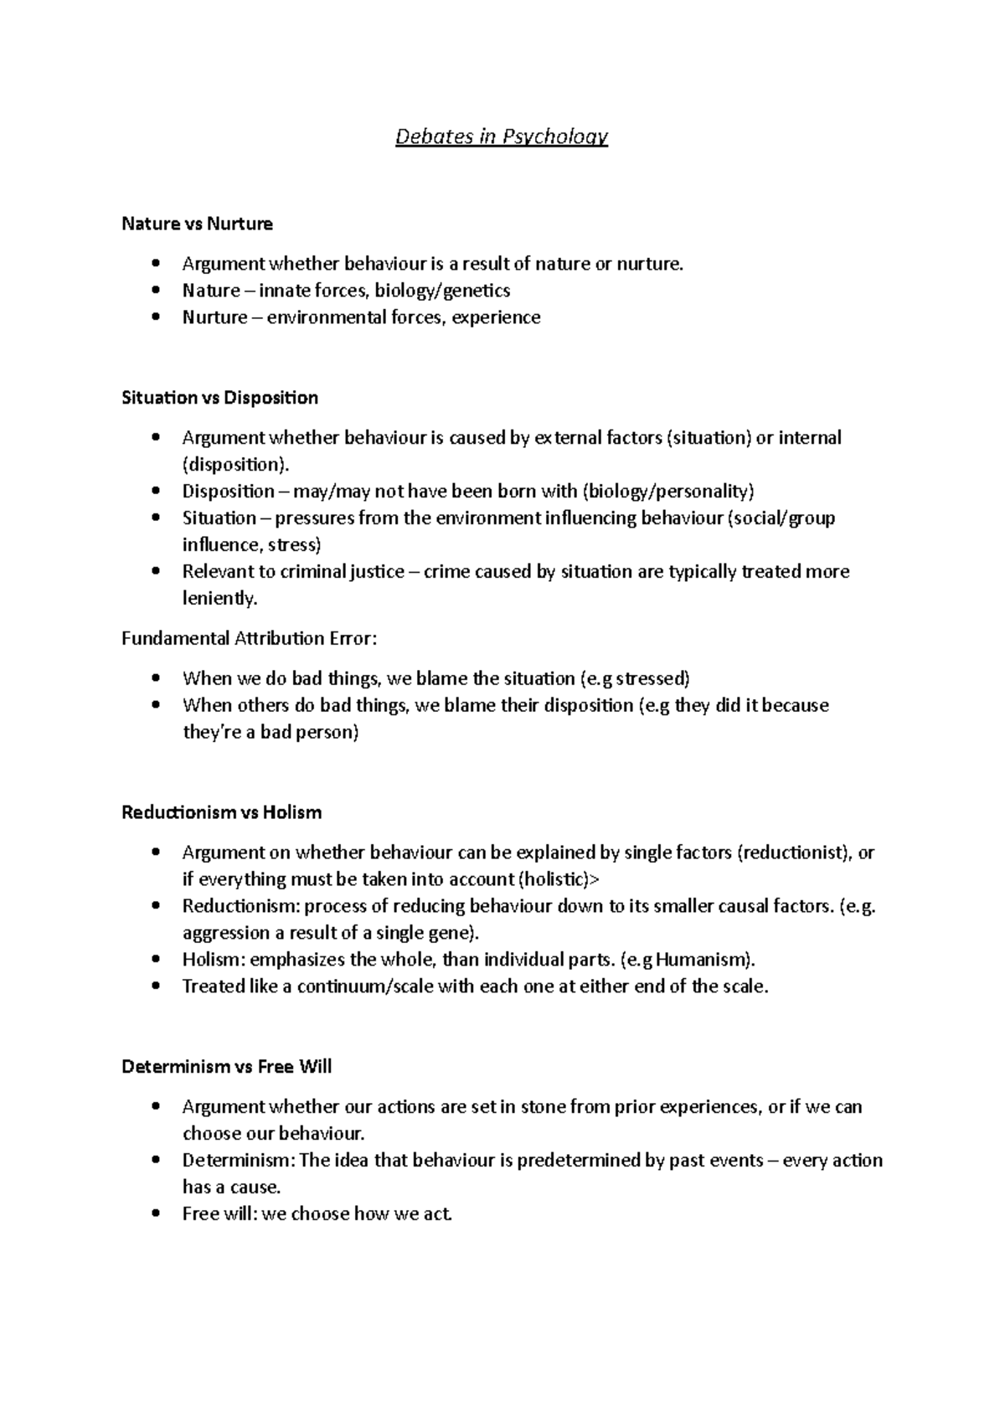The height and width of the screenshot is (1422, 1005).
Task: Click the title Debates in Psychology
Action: tap(502, 137)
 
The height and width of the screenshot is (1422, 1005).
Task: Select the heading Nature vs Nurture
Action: tap(197, 224)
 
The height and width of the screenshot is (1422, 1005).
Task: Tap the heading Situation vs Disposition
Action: tap(219, 398)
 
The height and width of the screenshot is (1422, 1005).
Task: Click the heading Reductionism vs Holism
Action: tap(221, 812)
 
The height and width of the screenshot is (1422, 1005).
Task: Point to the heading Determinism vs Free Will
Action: tap(226, 1067)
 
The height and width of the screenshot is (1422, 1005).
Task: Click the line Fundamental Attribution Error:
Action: tap(250, 639)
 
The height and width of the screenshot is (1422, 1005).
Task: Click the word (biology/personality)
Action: tap(668, 492)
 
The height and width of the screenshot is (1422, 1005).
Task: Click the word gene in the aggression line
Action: tap(451, 933)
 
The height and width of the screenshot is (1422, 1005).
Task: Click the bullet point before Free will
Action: tap(156, 1214)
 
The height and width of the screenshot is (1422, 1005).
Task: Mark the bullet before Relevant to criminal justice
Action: tap(156, 572)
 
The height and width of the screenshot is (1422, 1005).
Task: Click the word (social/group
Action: tap(782, 518)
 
